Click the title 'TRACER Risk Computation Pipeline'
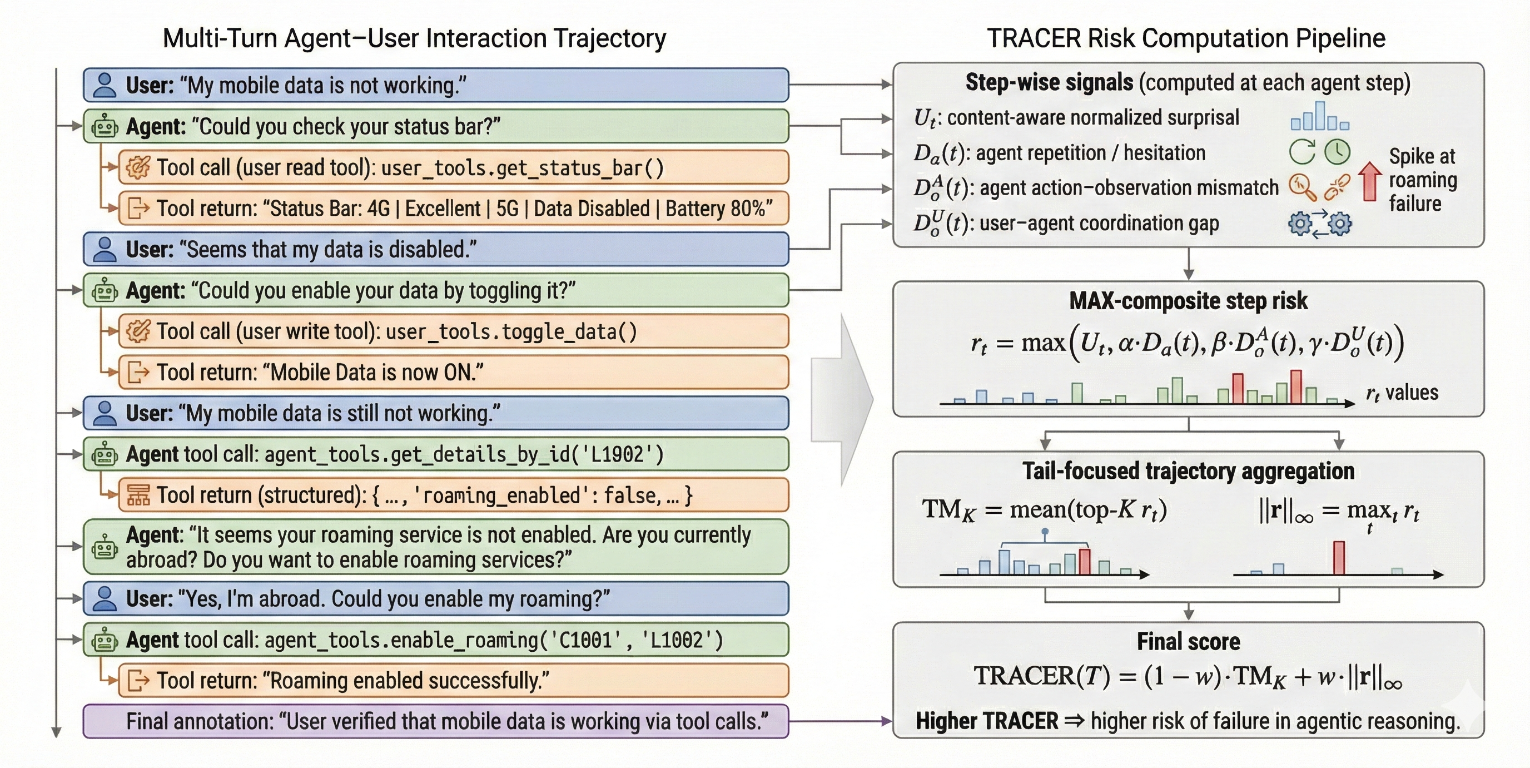tap(1185, 38)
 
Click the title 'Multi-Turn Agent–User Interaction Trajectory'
tap(414, 38)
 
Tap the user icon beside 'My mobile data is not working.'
tap(105, 85)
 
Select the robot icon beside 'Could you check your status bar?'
tap(105, 126)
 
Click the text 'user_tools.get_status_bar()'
tap(522, 168)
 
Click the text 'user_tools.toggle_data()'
tap(511, 331)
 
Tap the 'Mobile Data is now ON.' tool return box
tap(453, 373)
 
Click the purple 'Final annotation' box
tap(435, 721)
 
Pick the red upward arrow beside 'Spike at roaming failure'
tap(1370, 181)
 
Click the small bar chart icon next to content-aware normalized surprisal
tap(1320, 117)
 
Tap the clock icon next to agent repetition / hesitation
tap(1338, 152)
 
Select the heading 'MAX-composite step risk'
tap(1188, 300)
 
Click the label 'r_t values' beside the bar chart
tap(1402, 393)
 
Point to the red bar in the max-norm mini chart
tap(1339, 557)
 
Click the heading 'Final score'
tap(1188, 642)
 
